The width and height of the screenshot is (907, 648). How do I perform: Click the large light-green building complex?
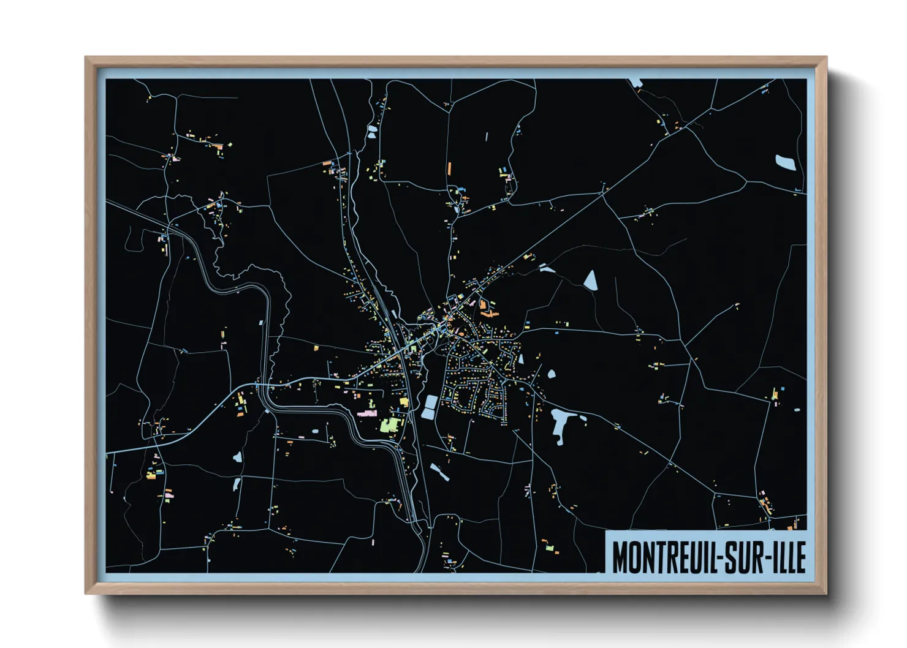coord(390,424)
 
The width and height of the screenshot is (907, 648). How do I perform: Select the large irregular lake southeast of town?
coord(561,424)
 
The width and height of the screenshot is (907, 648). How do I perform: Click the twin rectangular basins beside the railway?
coord(429,407)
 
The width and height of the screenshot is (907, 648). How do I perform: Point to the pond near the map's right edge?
coord(785,162)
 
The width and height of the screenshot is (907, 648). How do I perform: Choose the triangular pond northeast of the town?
coord(591,280)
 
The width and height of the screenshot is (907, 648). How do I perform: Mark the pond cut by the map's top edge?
coord(636,83)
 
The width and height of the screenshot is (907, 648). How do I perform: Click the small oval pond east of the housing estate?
coord(551,374)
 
